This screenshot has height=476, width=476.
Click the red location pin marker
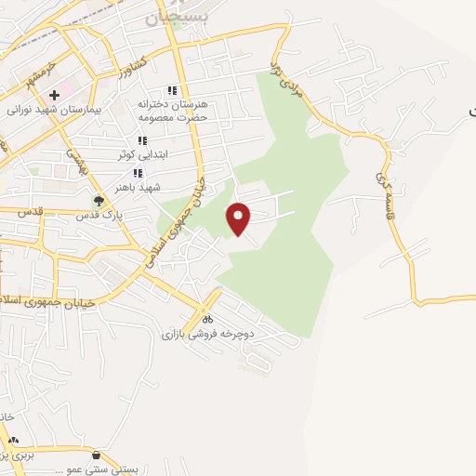tap(240, 218)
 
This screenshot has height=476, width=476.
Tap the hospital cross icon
tap(55, 95)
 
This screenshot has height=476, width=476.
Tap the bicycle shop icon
tap(205, 319)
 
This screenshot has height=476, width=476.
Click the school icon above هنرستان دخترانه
tap(171, 90)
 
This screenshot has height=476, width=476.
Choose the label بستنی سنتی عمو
tap(97, 469)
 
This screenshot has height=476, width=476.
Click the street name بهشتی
tap(74, 159)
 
